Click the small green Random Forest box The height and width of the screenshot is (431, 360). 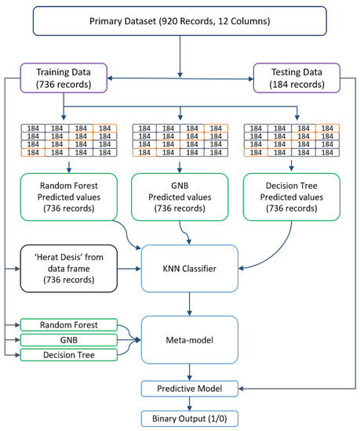pyautogui.click(x=69, y=324)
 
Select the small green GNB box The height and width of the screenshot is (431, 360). pyautogui.click(x=69, y=339)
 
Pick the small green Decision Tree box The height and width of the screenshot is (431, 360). pyautogui.click(x=69, y=354)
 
